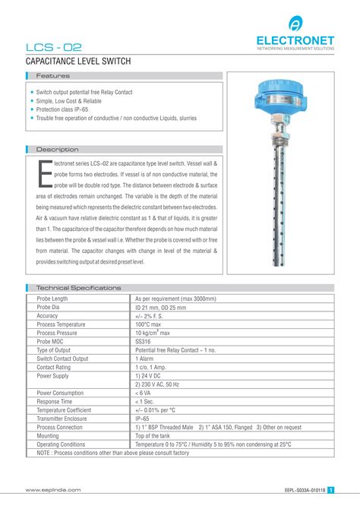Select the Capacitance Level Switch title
79,61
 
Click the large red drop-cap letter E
44,173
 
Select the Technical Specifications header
79,288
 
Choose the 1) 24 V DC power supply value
152,375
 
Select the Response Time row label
55,401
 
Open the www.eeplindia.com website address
53,492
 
